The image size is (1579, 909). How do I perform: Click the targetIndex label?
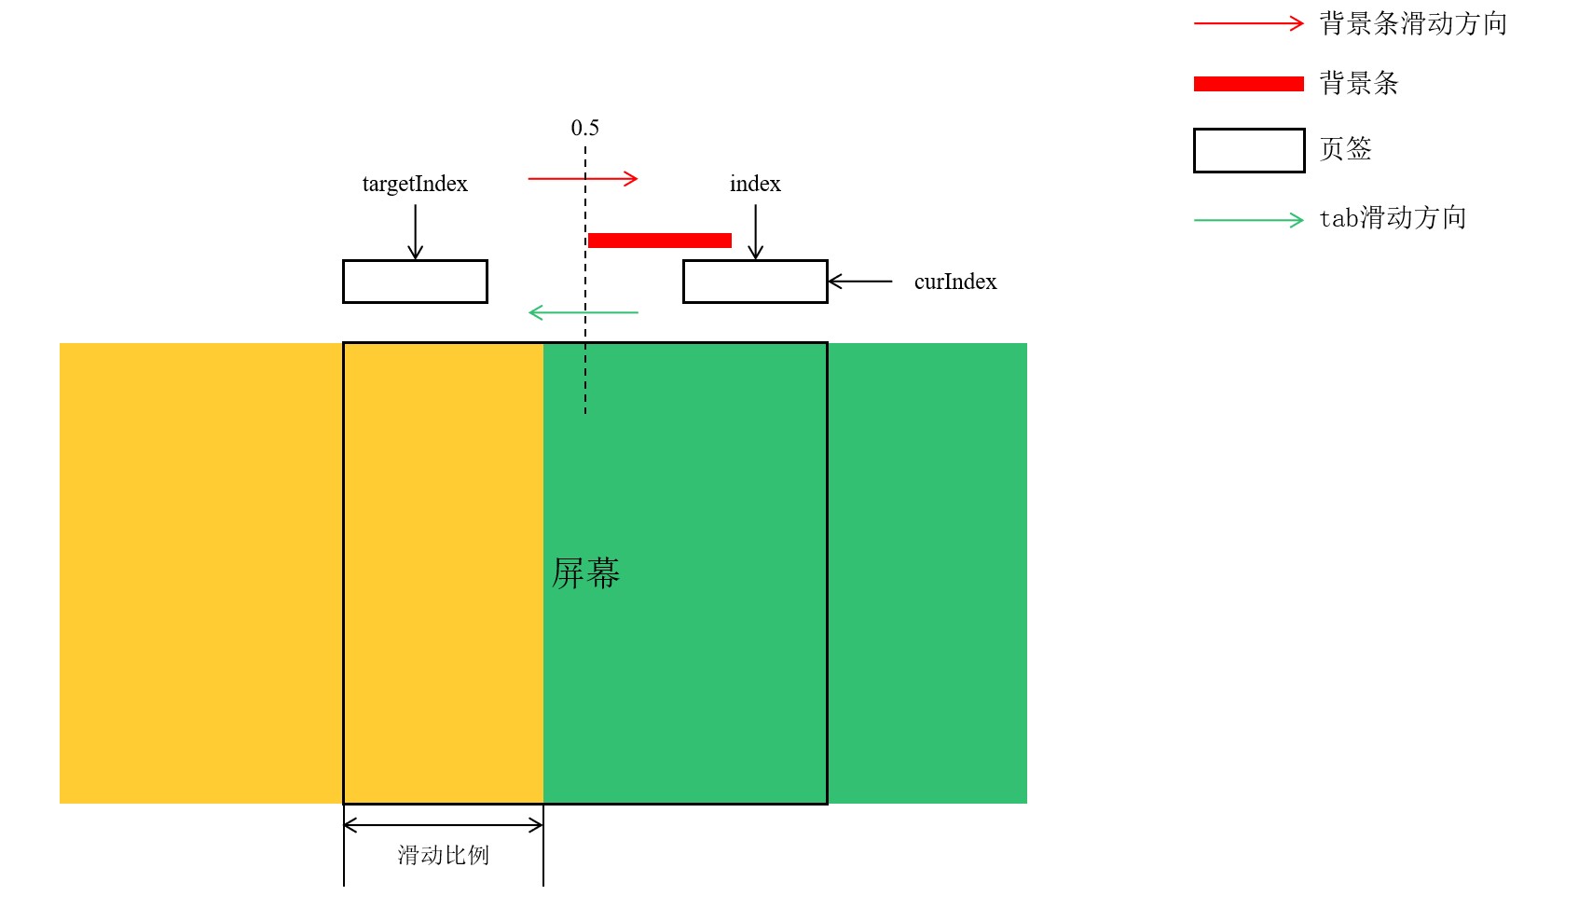(x=415, y=184)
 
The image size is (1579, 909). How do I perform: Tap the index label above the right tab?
(x=755, y=184)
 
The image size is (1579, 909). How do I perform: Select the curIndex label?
(x=954, y=282)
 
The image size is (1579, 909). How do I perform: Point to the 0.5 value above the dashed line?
(x=584, y=128)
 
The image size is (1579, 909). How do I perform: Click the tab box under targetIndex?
(x=415, y=282)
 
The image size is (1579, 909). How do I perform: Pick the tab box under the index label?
(x=755, y=282)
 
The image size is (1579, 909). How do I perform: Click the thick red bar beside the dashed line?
(x=660, y=241)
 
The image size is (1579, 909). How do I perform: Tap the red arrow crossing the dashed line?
(x=583, y=178)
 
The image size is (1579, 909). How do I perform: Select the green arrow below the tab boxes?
(x=583, y=312)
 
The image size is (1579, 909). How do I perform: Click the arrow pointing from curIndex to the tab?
(x=859, y=281)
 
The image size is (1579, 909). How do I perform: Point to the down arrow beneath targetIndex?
(x=416, y=231)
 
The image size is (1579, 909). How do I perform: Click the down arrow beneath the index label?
(x=756, y=231)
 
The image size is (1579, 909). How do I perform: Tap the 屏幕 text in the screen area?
(x=585, y=573)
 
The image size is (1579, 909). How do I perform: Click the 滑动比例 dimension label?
(x=443, y=855)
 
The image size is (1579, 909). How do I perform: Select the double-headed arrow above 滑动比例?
(x=443, y=824)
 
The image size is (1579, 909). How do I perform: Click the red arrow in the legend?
(x=1248, y=23)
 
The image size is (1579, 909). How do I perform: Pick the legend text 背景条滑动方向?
(x=1413, y=23)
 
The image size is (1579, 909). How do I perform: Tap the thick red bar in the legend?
(x=1248, y=84)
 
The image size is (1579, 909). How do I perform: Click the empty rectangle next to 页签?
(x=1249, y=150)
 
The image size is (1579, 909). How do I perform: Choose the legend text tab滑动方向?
(x=1393, y=218)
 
